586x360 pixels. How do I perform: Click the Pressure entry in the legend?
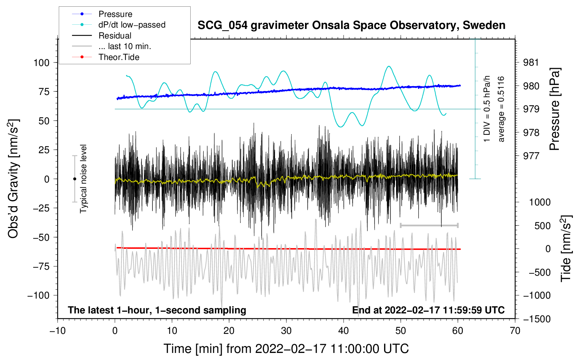tap(115, 14)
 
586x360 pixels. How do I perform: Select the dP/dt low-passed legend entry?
tap(132, 25)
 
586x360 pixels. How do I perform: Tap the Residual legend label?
tap(115, 36)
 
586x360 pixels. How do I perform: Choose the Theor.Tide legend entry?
tap(119, 57)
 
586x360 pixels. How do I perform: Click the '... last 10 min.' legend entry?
tap(125, 46)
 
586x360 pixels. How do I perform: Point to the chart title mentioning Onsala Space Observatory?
tap(351, 25)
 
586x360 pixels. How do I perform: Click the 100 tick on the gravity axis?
tap(41, 63)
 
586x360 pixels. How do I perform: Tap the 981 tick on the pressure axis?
tap(531, 63)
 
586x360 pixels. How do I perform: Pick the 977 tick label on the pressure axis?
tap(531, 156)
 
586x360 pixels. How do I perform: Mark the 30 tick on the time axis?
tap(286, 331)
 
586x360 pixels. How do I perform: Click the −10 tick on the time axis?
tap(58, 331)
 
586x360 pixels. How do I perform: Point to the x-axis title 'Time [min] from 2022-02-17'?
tap(286, 349)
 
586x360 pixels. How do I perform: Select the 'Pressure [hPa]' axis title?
tap(555, 109)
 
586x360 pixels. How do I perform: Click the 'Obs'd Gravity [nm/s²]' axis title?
tap(13, 179)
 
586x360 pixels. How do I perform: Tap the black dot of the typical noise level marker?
tap(74, 179)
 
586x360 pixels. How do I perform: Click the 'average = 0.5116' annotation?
tap(501, 109)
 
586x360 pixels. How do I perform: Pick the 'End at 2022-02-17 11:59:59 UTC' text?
tap(428, 310)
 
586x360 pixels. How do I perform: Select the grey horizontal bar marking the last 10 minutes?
tap(429, 225)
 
